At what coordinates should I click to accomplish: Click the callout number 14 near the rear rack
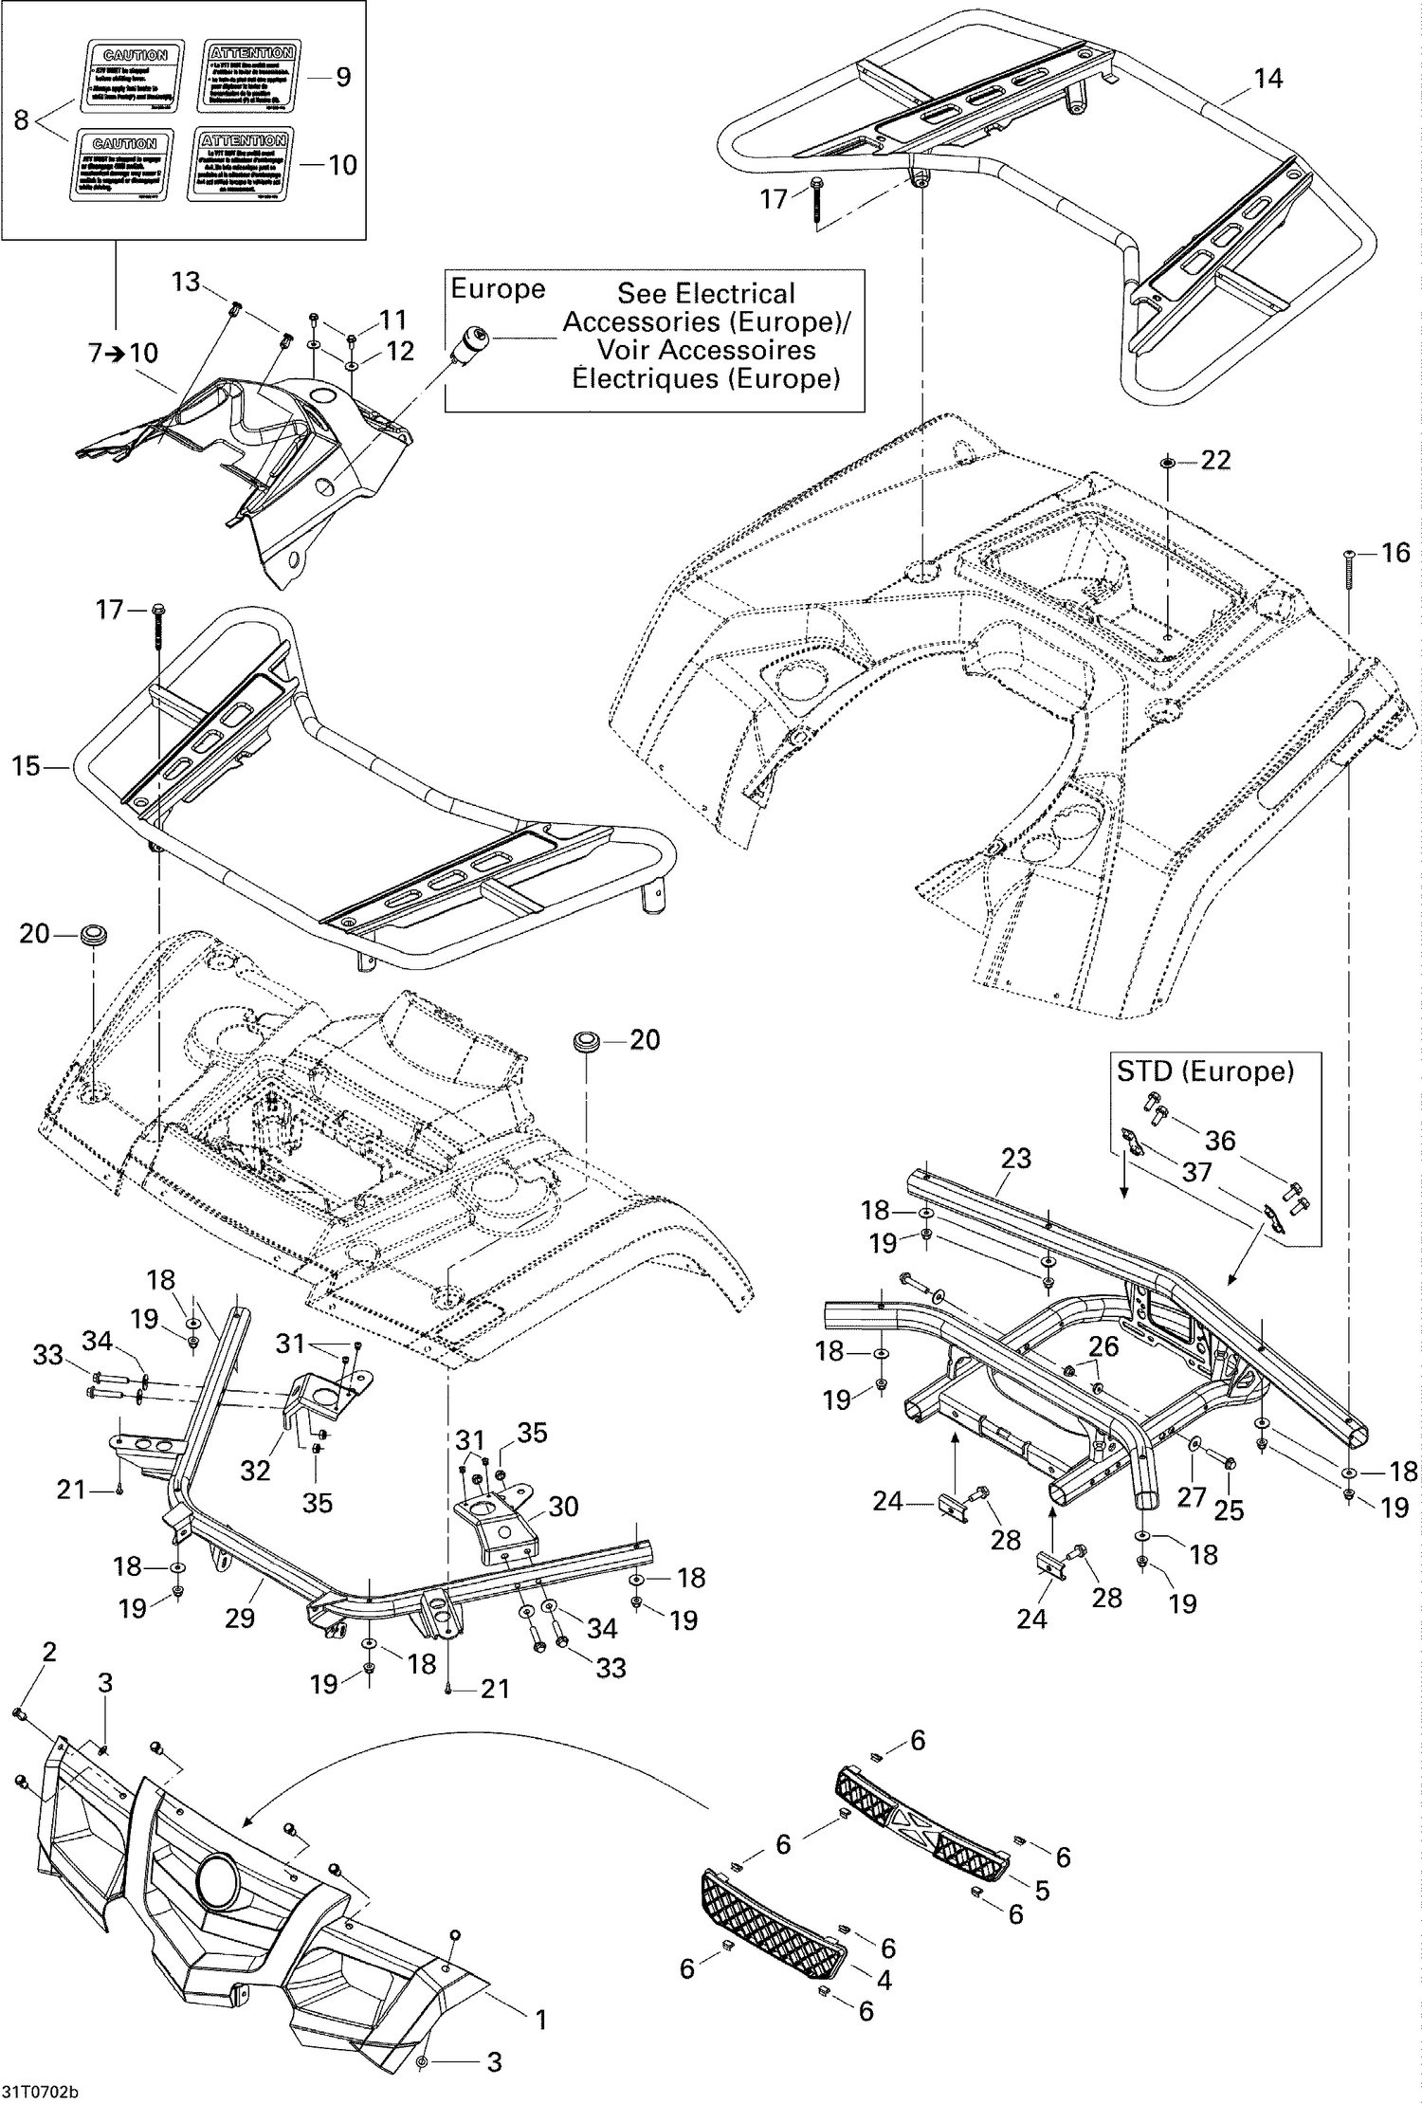click(x=1267, y=79)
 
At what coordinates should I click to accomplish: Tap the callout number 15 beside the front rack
click(x=27, y=765)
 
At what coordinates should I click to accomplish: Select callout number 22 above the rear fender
click(x=1215, y=460)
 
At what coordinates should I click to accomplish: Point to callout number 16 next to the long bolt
click(x=1395, y=552)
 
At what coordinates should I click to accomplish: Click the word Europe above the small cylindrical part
click(x=498, y=289)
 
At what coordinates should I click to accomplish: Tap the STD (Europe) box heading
click(x=1204, y=1071)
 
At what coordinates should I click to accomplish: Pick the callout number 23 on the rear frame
click(x=1016, y=1158)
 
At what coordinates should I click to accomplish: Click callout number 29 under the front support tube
click(x=240, y=1617)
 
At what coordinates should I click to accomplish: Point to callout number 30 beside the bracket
click(x=563, y=1506)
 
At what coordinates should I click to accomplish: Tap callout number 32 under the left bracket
click(x=255, y=1470)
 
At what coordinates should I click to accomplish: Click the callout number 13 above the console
click(x=186, y=281)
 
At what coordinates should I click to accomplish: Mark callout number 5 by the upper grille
click(x=1042, y=1890)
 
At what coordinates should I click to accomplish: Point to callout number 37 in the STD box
click(x=1196, y=1172)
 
